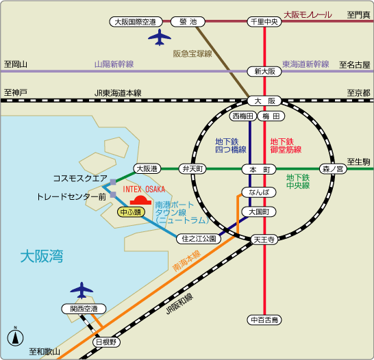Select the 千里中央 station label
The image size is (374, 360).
pos(264,22)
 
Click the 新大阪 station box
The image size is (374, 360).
pos(264,71)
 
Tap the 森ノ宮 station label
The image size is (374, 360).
pos(332,168)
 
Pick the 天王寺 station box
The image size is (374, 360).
pos(264,240)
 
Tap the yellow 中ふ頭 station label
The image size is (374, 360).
pos(131,211)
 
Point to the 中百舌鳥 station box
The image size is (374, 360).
pos(264,320)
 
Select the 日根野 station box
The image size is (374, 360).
pos(106,341)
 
